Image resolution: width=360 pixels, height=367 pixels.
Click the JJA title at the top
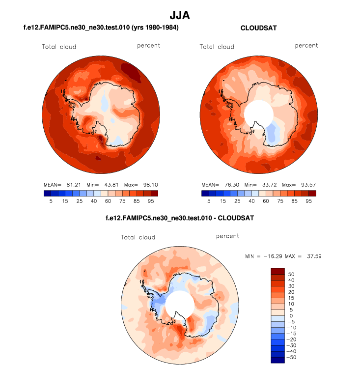180,15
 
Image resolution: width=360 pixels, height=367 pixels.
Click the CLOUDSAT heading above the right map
258,28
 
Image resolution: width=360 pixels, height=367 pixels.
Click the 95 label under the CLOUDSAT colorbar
308,200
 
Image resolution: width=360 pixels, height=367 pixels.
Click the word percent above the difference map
227,236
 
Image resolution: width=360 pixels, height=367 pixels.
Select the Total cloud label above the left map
58,47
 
